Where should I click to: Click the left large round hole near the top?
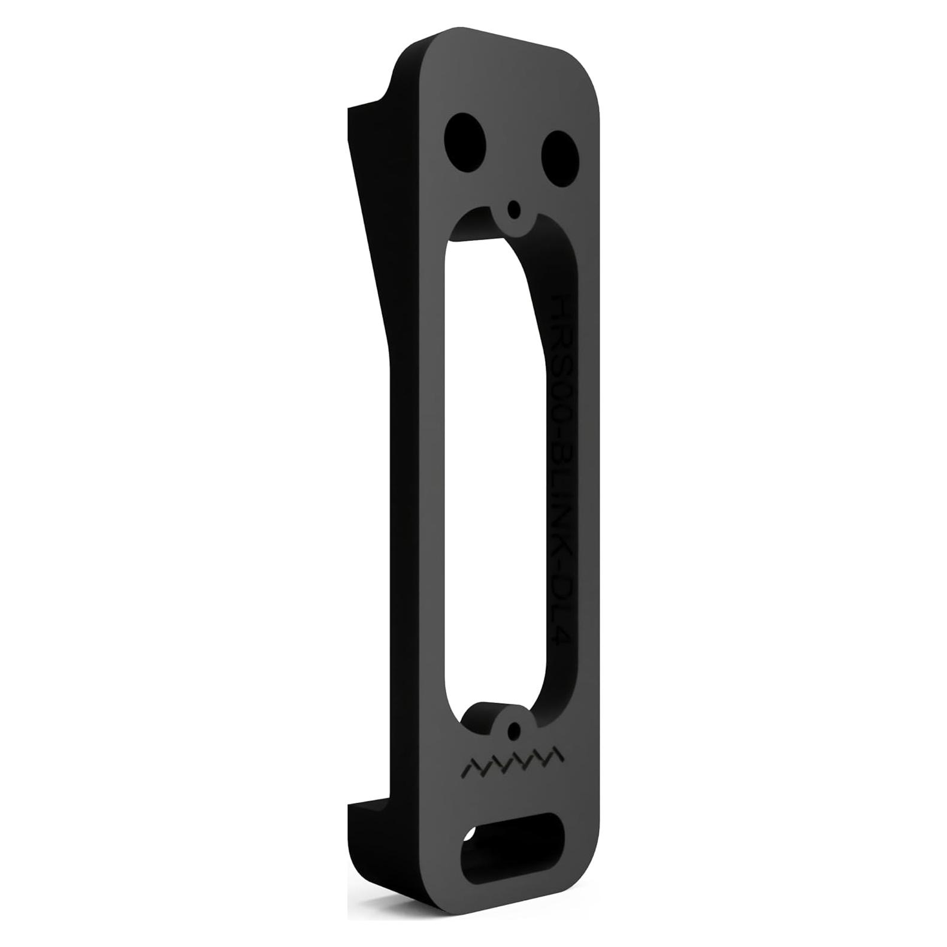[465, 139]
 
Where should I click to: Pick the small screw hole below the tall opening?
[513, 731]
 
